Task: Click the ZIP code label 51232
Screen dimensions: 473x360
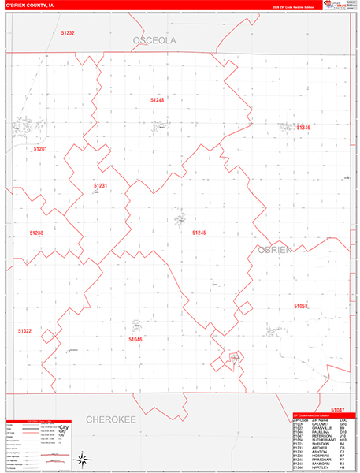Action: click(66, 32)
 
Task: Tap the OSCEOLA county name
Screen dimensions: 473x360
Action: click(154, 39)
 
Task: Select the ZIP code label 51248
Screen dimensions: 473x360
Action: click(179, 100)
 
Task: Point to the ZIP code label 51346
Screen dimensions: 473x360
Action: click(303, 127)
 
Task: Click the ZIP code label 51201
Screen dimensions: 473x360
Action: click(40, 148)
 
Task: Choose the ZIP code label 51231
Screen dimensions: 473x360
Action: click(100, 185)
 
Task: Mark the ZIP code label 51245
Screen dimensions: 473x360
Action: click(199, 233)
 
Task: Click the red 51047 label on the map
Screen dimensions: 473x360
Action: click(337, 410)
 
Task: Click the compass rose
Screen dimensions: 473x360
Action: click(81, 458)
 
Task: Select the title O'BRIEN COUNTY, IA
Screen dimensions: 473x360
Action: click(28, 5)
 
